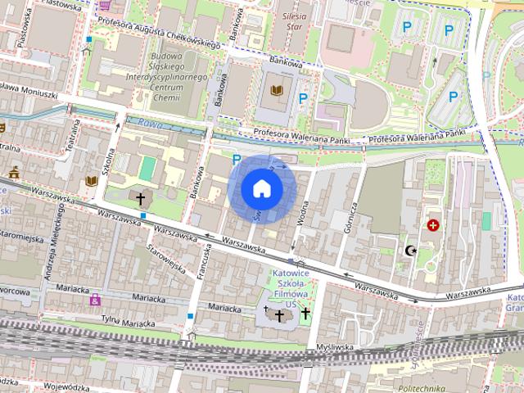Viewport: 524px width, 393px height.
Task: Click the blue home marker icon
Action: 262,188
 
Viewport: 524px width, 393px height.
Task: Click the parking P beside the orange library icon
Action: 303,99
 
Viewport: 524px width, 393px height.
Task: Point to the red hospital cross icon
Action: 433,224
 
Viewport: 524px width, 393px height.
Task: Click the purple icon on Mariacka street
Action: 95,300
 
